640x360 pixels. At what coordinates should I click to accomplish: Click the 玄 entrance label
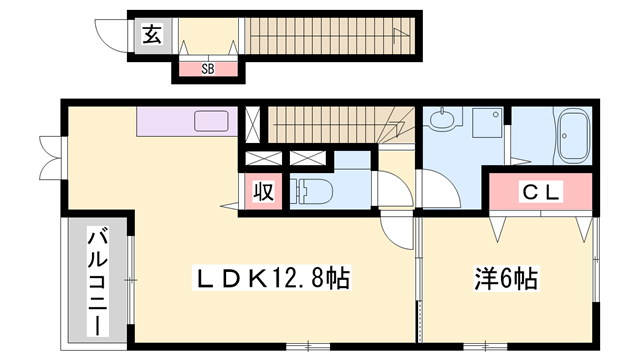coord(151,36)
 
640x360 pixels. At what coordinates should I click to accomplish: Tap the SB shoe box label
coord(209,69)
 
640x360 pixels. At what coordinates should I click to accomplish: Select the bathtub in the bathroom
coord(575,137)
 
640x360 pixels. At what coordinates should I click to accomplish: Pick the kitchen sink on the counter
coord(213,122)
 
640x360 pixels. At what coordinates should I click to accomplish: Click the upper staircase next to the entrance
coord(330,37)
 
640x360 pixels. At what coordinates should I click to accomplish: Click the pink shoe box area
coord(209,69)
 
